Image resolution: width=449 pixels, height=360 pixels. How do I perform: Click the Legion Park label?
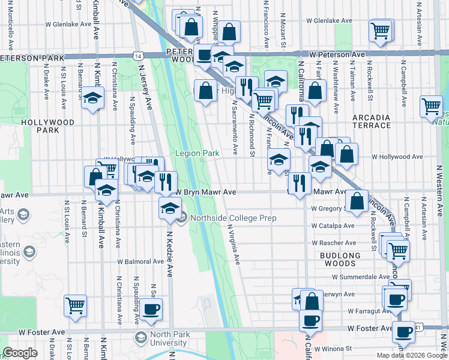click(197, 154)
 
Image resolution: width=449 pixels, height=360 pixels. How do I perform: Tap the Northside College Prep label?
click(233, 218)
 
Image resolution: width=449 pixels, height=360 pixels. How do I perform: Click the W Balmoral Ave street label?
click(142, 262)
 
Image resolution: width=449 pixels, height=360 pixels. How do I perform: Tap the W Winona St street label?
click(331, 348)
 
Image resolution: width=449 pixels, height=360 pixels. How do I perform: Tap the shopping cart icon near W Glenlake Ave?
click(381, 30)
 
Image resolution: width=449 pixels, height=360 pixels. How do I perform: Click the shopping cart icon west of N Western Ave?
click(431, 107)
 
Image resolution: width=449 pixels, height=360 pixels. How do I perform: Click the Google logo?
click(20, 353)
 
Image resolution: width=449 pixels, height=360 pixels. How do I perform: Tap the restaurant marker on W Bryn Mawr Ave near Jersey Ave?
click(166, 182)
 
